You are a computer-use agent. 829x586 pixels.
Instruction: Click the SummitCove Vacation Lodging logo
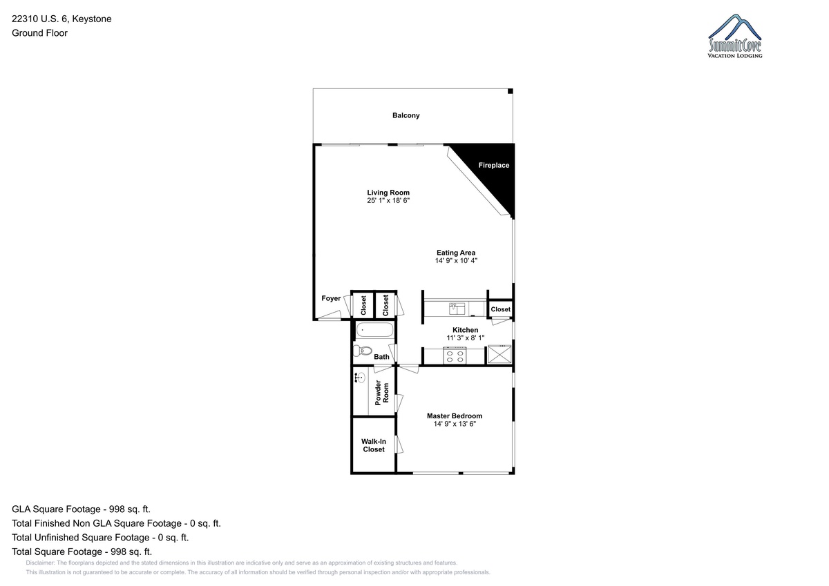(735, 36)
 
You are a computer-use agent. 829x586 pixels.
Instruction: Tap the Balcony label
(406, 115)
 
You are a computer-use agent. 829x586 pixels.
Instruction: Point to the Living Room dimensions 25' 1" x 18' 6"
(388, 200)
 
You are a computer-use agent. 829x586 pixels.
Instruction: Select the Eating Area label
(456, 253)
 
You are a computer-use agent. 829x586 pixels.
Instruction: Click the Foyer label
(331, 298)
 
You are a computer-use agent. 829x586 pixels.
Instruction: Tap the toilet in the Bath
(362, 350)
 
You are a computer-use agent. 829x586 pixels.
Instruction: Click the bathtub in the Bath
(374, 329)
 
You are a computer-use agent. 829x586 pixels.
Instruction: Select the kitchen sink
(457, 309)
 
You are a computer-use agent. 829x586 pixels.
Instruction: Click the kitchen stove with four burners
(455, 355)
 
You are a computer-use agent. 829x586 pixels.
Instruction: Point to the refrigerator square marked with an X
(499, 354)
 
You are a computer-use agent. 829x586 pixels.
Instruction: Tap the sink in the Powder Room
(360, 378)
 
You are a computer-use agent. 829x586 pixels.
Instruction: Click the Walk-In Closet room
(374, 445)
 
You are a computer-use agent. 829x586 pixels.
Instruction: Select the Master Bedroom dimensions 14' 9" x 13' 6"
(455, 424)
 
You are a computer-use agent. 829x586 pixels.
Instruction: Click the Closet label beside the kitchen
(500, 309)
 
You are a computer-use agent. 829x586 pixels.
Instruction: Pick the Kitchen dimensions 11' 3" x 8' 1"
(465, 338)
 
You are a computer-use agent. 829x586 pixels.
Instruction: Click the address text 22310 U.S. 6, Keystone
(61, 19)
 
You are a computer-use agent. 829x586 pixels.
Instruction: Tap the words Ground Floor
(39, 33)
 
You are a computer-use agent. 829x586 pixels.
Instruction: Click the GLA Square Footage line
(81, 509)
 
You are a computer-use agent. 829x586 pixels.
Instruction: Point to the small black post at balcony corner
(510, 91)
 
